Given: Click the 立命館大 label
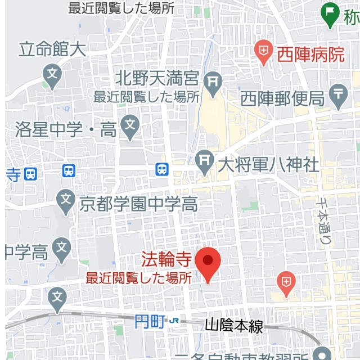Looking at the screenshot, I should click(x=52, y=49).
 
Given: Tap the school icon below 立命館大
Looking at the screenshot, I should click(x=52, y=74).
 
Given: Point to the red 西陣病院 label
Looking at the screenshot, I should click(x=310, y=55).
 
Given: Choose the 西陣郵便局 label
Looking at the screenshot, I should click(x=283, y=99).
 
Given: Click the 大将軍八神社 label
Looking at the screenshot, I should click(x=268, y=165).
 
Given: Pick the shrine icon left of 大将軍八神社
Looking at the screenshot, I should click(x=204, y=161).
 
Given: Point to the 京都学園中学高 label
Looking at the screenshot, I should click(x=138, y=203).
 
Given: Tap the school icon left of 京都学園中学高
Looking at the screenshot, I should click(x=66, y=199).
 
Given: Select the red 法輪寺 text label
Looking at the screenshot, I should click(x=167, y=260).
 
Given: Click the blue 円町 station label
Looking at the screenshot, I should click(x=150, y=322).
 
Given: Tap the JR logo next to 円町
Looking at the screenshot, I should click(x=175, y=321).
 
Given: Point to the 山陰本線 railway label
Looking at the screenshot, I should click(x=233, y=326).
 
